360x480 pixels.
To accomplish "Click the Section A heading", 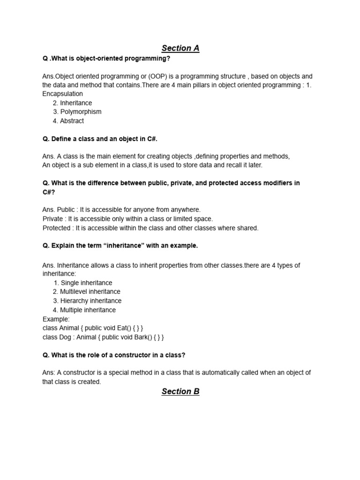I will click(180, 48).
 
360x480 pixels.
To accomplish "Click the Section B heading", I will click(180, 392).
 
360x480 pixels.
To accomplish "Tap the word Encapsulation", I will click(62, 94).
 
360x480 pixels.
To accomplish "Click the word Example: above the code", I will click(56, 319).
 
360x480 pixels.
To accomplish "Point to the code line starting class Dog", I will click(103, 337).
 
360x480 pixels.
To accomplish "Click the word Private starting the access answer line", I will click(53, 219).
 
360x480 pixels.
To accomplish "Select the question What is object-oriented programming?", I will click(106, 58).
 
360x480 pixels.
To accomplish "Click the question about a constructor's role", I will click(114, 355).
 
